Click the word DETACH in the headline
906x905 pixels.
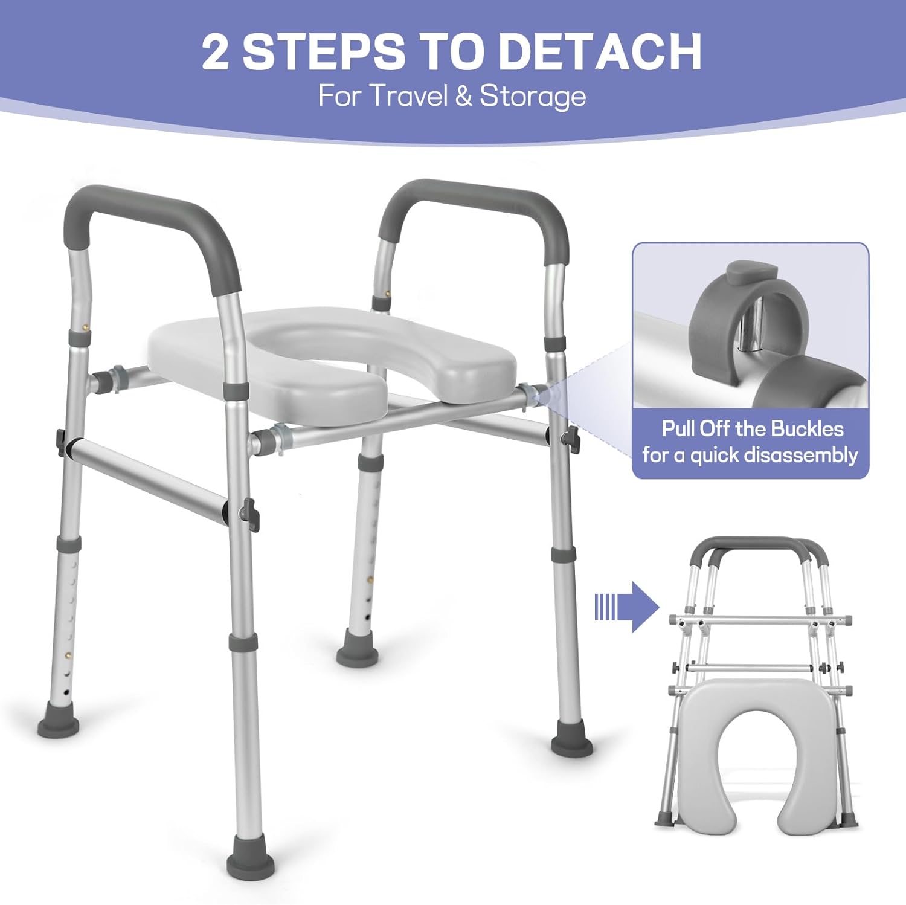(x=600, y=52)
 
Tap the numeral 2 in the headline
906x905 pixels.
(x=216, y=52)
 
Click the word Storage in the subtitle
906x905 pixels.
(x=533, y=97)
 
